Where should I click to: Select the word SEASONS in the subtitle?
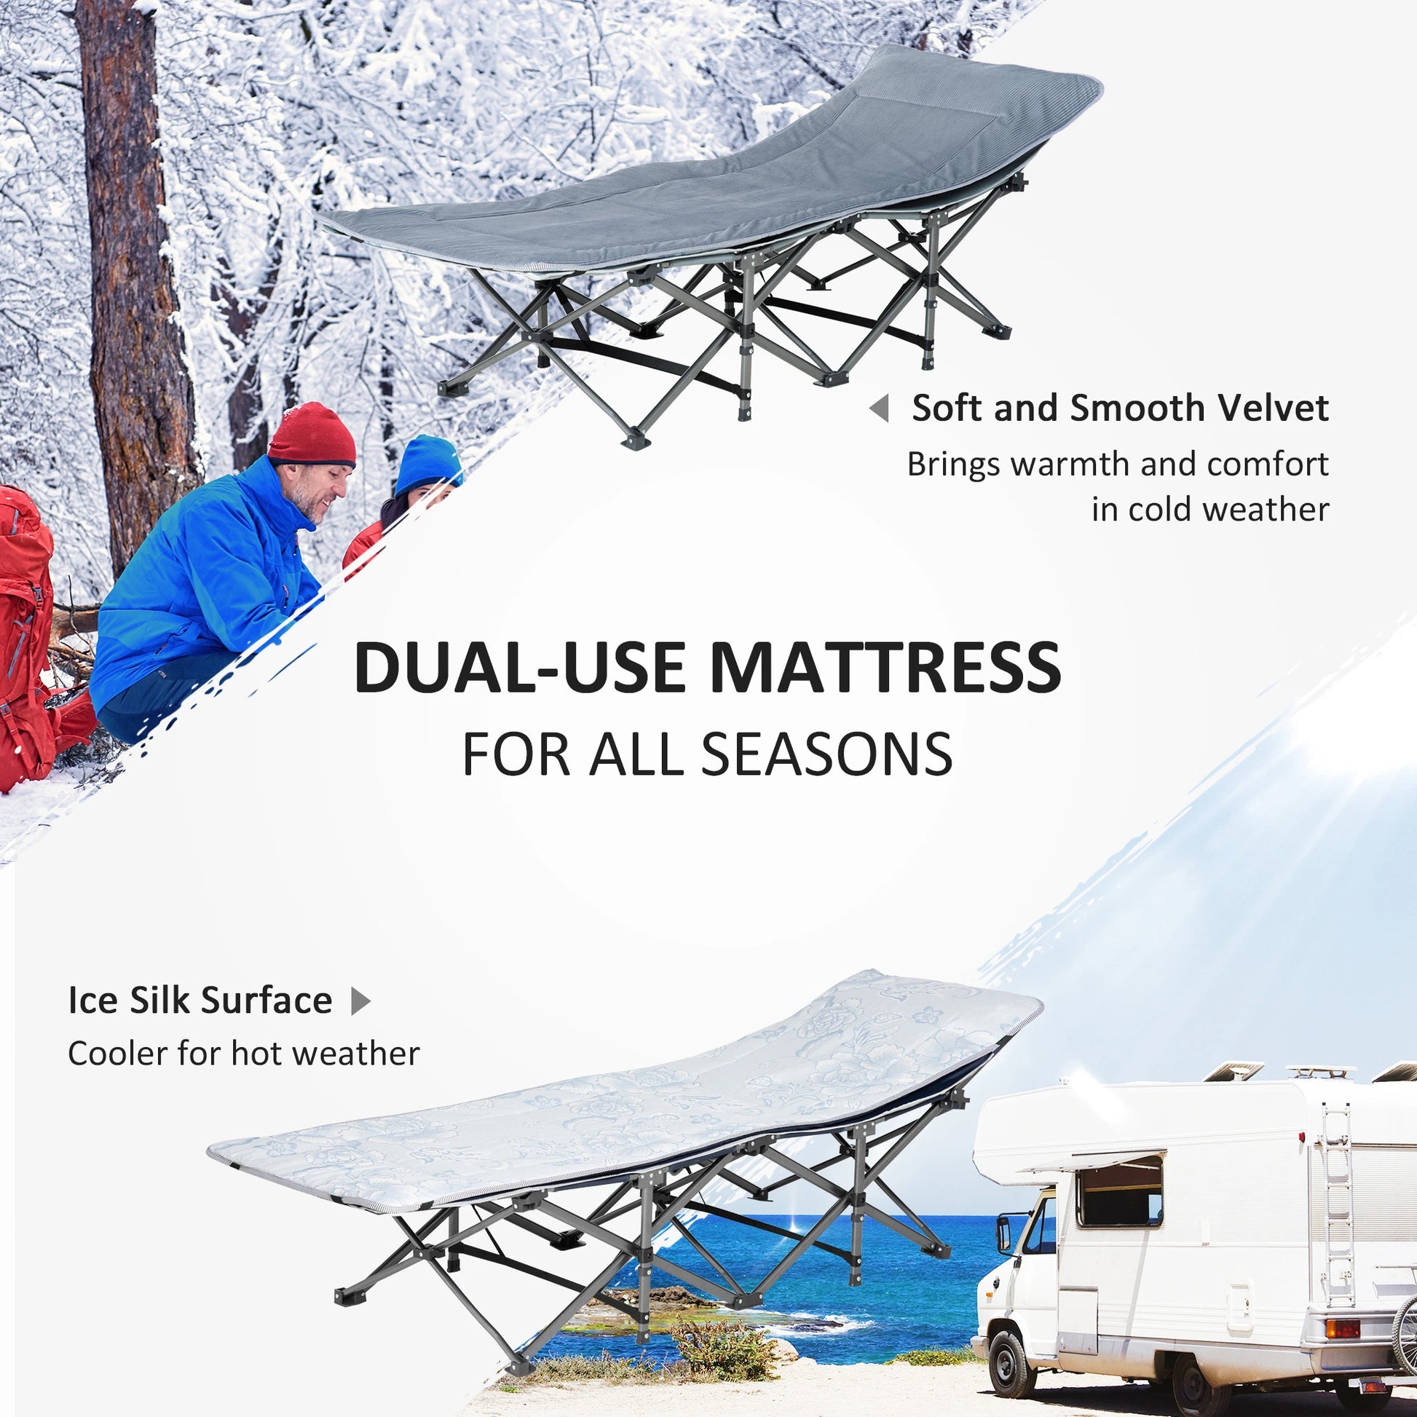coord(826,754)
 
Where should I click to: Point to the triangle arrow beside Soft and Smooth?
coord(880,408)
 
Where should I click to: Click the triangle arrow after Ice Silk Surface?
coord(361,1000)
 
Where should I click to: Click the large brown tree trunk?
coord(135,293)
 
